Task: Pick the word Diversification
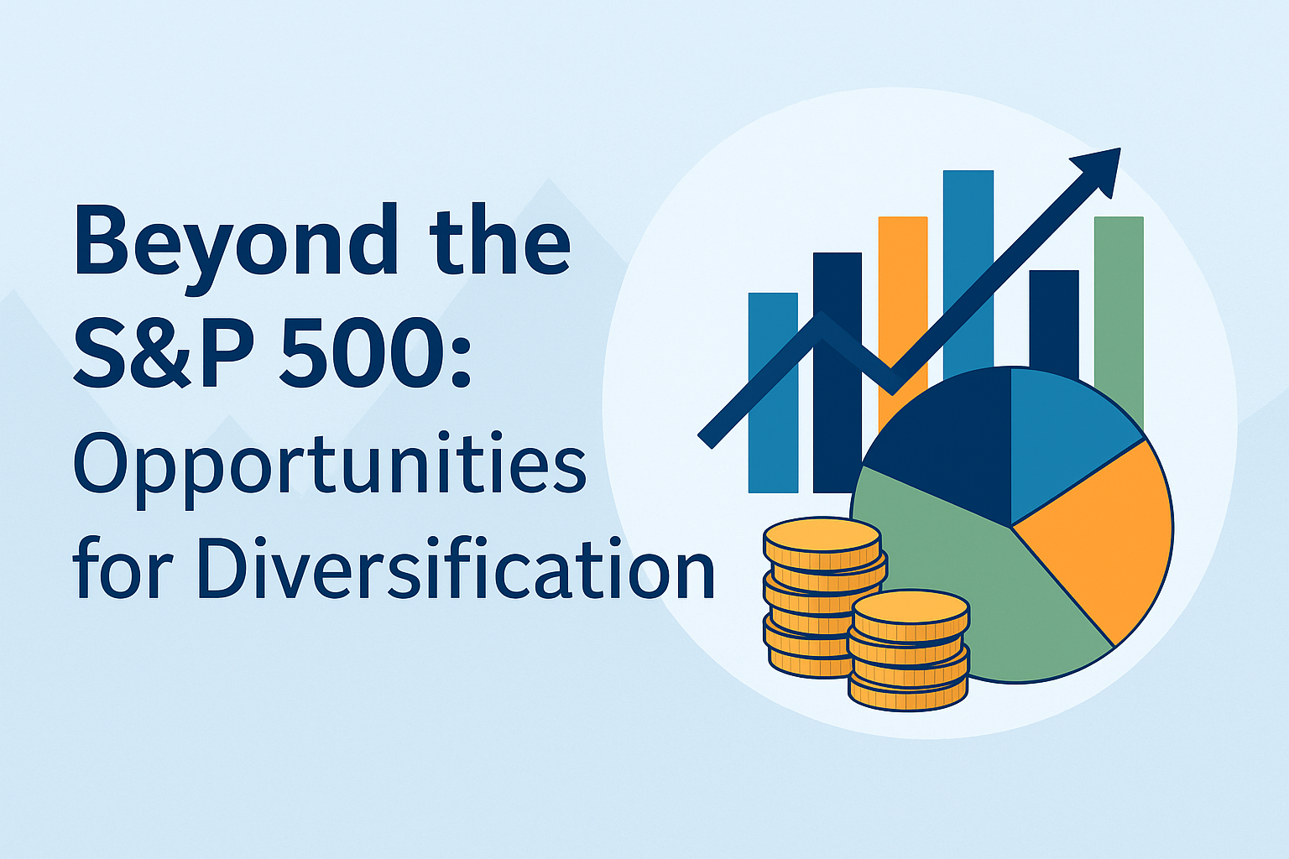coord(456,568)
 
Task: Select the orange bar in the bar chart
coord(903,322)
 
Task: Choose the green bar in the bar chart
coord(1119,322)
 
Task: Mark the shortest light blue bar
coord(773,393)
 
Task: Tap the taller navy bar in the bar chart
coord(838,372)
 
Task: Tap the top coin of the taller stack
coord(822,536)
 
